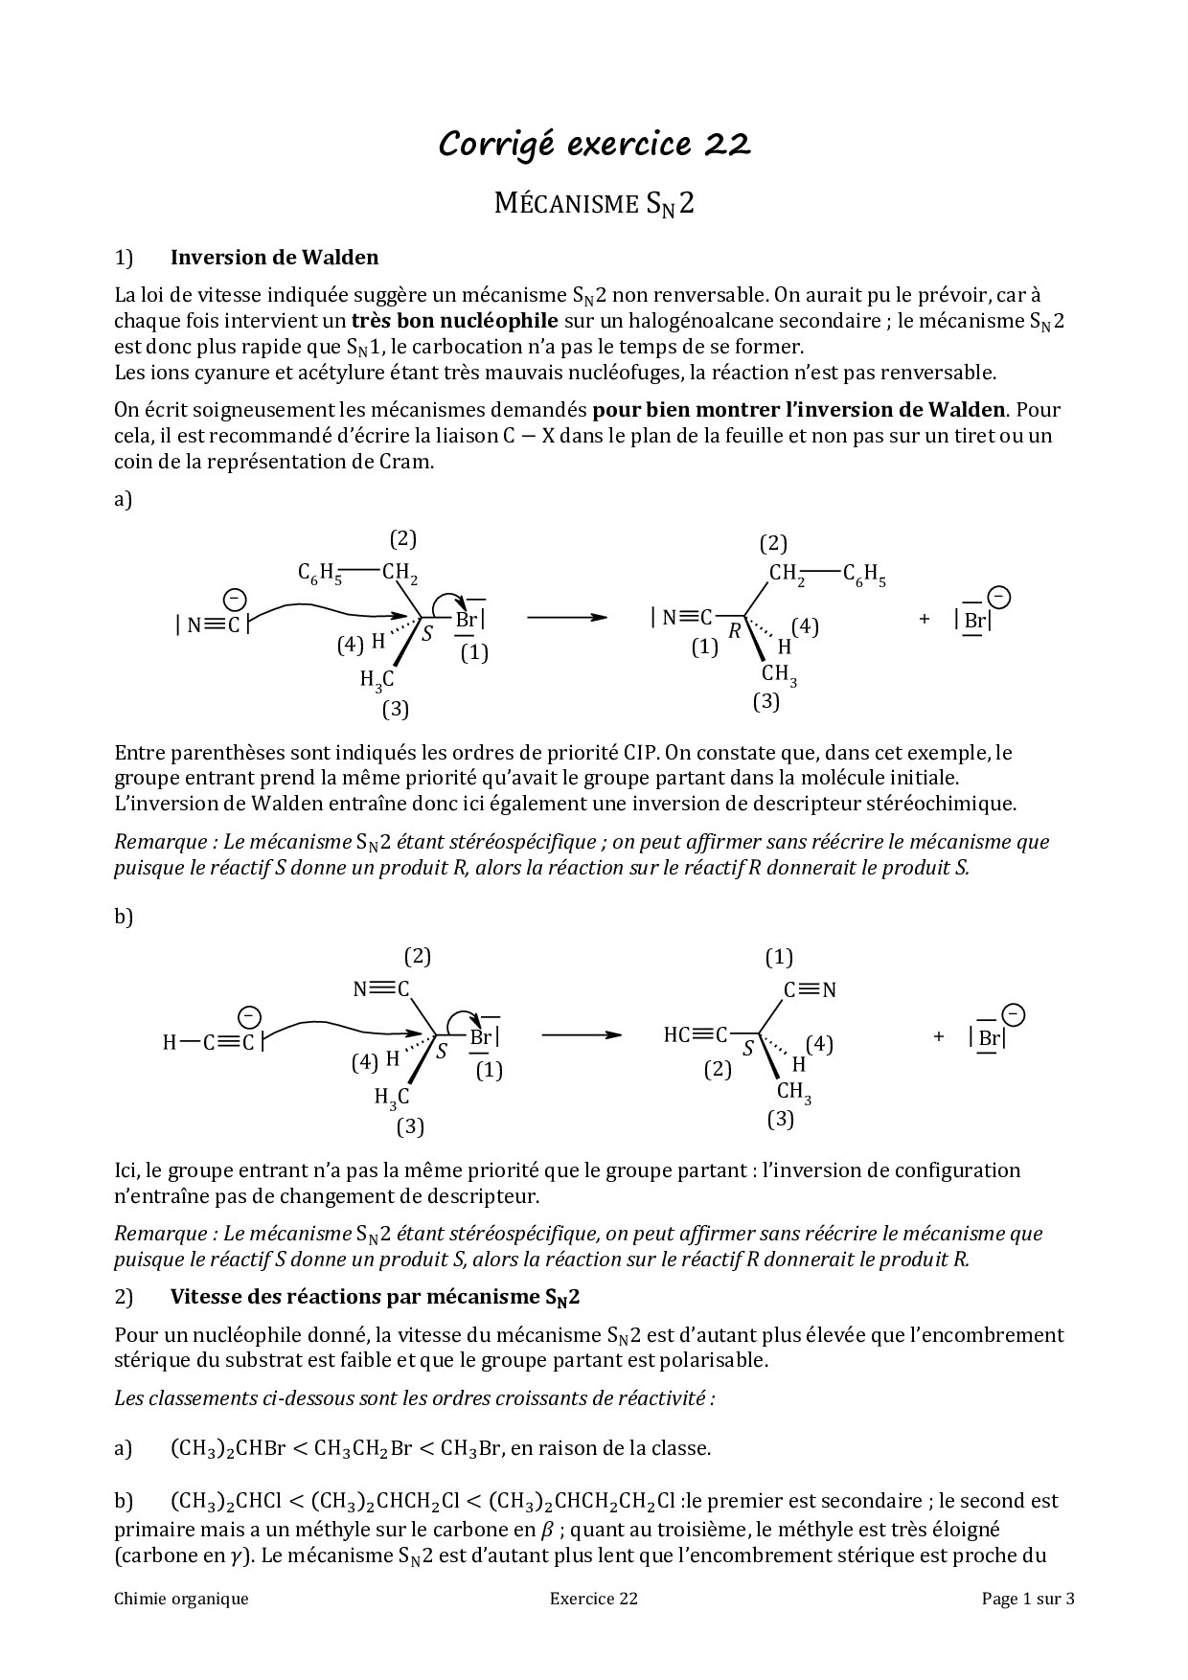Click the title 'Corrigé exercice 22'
pyautogui.click(x=594, y=144)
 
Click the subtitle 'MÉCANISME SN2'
pyautogui.click(x=594, y=204)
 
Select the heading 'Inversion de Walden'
pyautogui.click(x=274, y=258)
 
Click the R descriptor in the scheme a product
pyautogui.click(x=735, y=631)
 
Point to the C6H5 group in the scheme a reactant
pyautogui.click(x=320, y=574)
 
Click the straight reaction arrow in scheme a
pyautogui.click(x=567, y=618)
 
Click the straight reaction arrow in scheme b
pyautogui.click(x=581, y=1035)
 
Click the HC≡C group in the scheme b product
pyautogui.click(x=696, y=1035)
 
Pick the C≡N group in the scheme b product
pyautogui.click(x=811, y=990)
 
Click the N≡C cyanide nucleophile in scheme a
pyautogui.click(x=213, y=625)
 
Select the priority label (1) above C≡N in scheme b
pyautogui.click(x=779, y=957)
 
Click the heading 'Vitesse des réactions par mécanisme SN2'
pyautogui.click(x=375, y=1298)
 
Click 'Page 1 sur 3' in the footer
pyautogui.click(x=1028, y=1599)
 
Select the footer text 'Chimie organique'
pyautogui.click(x=181, y=1599)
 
